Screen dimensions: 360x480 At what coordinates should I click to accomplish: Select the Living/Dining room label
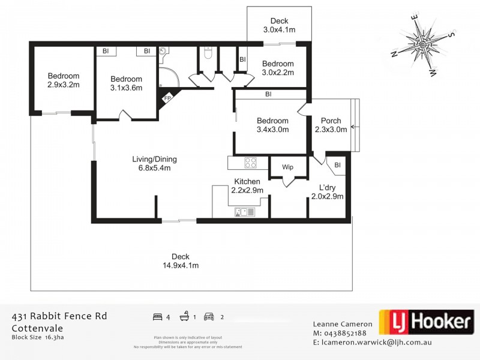coord(155,163)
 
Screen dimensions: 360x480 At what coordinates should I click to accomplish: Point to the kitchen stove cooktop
coord(250,162)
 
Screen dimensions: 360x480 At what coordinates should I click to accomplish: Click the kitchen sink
coord(245,211)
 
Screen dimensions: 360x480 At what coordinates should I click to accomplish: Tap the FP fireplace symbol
coord(167,98)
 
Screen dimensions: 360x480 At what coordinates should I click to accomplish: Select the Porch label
coord(331,125)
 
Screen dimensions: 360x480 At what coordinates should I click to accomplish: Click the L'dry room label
coord(331,191)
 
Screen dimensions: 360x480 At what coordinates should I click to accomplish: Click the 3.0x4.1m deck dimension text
coord(279,29)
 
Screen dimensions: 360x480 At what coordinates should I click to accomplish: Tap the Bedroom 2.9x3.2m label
coord(64,80)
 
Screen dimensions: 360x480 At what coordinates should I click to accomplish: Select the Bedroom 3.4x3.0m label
coord(272,125)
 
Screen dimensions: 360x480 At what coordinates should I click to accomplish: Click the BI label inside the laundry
coord(337,165)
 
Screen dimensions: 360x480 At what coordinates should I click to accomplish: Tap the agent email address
coord(377,343)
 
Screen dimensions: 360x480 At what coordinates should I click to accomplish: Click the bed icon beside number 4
coord(157,316)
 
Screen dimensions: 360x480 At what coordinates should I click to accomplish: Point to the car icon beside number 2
coord(209,316)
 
